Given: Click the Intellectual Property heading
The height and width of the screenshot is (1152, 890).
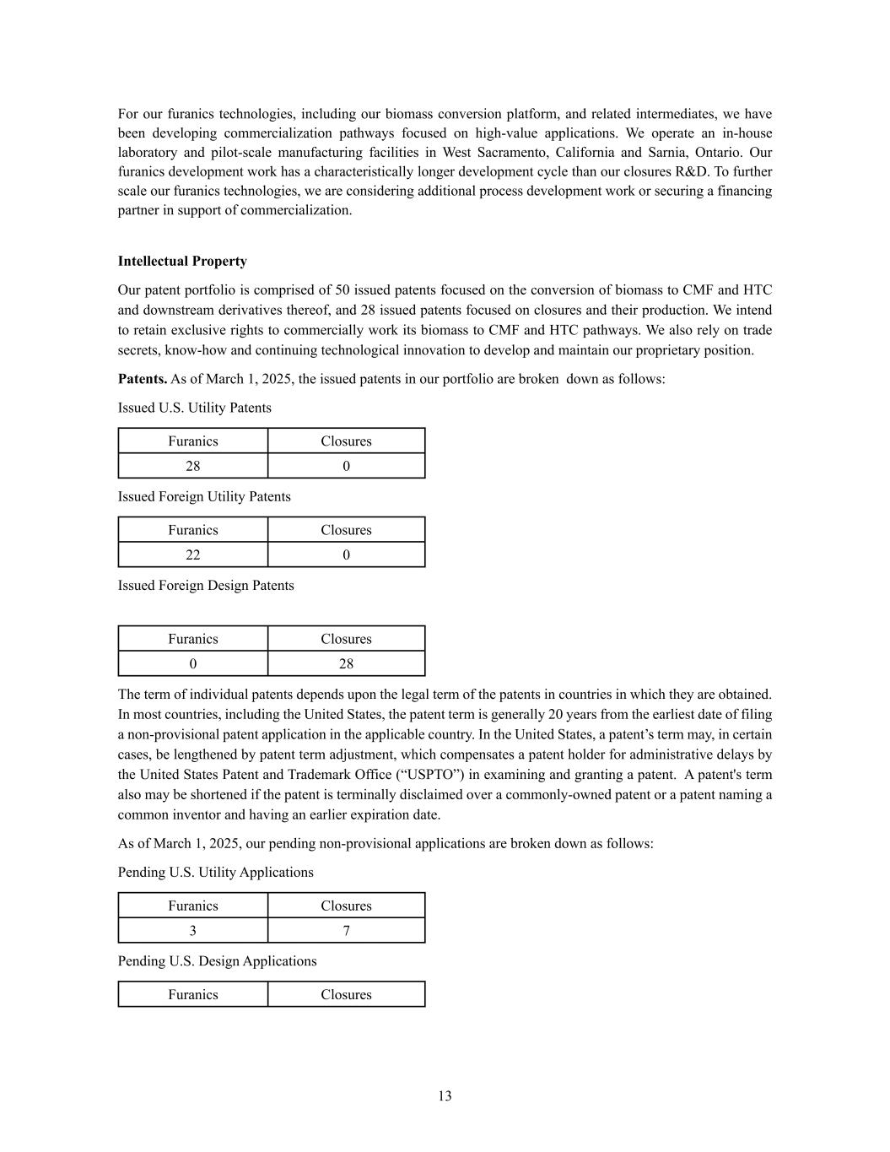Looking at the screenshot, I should point(182,261).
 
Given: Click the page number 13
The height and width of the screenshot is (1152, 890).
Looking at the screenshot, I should point(445,1095).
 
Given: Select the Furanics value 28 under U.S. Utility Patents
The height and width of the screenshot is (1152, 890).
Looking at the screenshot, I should point(192,466).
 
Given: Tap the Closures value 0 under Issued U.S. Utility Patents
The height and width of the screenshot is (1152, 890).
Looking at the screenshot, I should point(346,466).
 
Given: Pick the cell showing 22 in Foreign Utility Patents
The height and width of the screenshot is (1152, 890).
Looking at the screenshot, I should point(192,554).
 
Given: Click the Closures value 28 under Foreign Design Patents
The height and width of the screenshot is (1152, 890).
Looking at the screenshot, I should point(346,663).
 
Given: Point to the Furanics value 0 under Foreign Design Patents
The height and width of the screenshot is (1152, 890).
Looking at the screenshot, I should point(192,663).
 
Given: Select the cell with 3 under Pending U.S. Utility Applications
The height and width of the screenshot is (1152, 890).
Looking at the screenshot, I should point(192,930).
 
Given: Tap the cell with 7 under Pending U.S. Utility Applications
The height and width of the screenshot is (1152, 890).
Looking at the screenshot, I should point(346,930).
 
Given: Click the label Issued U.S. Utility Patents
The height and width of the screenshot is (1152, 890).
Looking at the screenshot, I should point(195,408).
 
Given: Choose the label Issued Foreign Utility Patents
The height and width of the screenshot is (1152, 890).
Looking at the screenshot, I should point(204,496).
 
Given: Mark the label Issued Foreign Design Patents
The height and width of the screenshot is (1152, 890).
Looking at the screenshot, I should point(206,585).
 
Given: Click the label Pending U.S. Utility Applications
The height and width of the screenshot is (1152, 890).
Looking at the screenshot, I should point(215,872).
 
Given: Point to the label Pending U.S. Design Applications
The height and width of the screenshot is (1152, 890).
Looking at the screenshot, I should point(217,960).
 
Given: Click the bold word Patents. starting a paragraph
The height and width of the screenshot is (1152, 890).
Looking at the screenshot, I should point(143,379).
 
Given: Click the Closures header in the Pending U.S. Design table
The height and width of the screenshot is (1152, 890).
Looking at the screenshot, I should point(346,994).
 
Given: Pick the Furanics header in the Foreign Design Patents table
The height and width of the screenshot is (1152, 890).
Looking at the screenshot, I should point(192,639).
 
